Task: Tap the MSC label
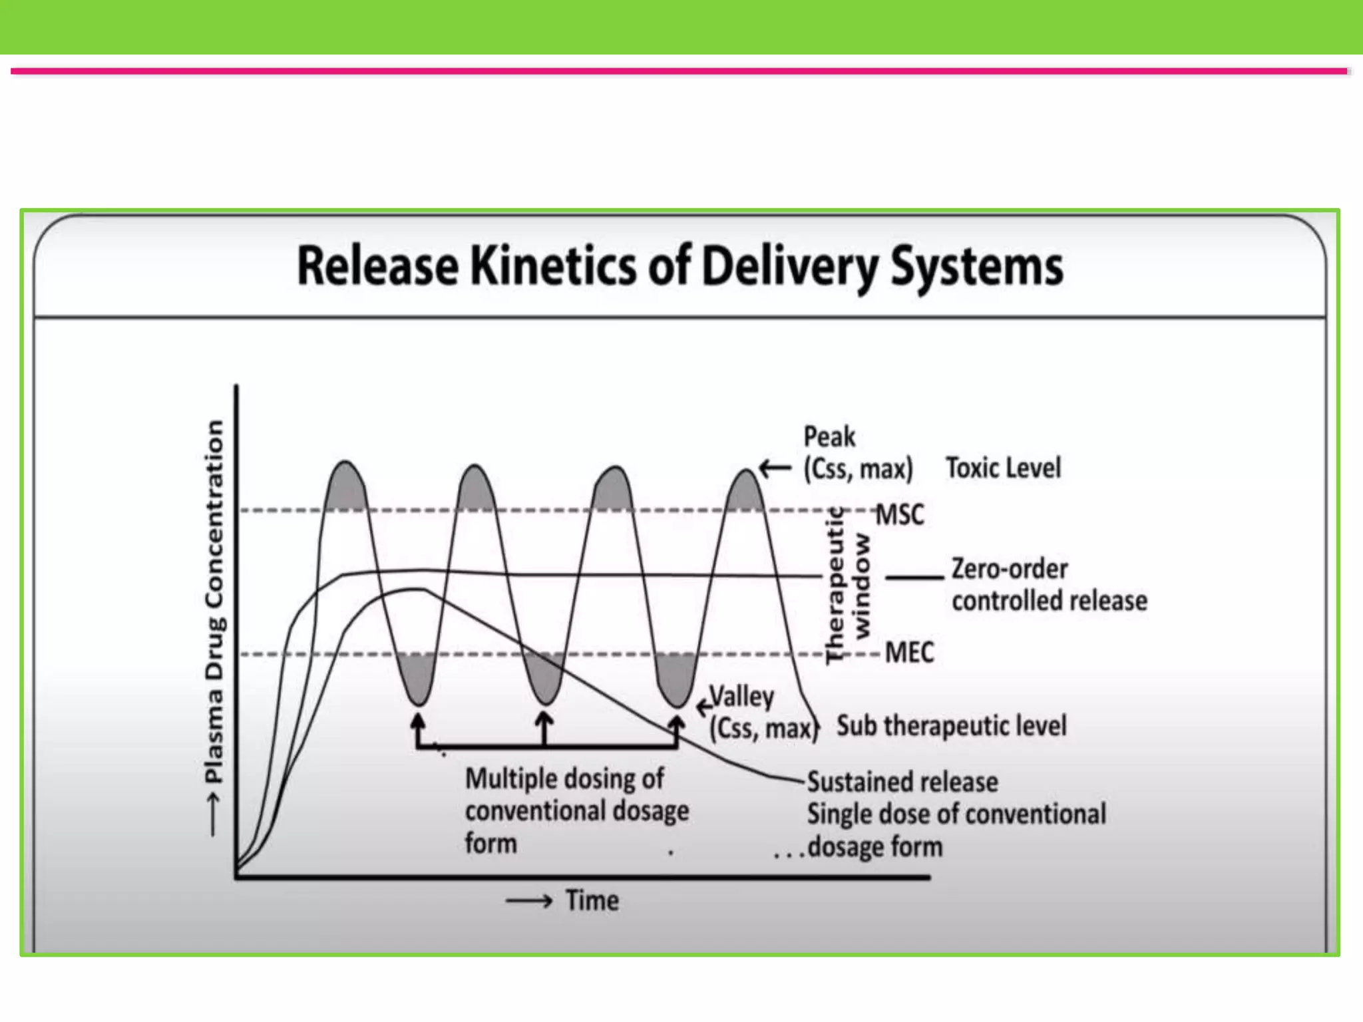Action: pyautogui.click(x=900, y=514)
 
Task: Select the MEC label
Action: pyautogui.click(x=909, y=652)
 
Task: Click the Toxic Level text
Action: pyautogui.click(x=1003, y=468)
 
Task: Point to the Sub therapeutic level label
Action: pyautogui.click(x=951, y=726)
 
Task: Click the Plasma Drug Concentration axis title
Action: pyautogui.click(x=214, y=602)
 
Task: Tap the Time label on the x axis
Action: pyautogui.click(x=592, y=900)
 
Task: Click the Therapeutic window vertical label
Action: pyautogui.click(x=847, y=586)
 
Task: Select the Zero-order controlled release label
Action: pyautogui.click(x=1049, y=585)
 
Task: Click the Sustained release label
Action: pyautogui.click(x=902, y=782)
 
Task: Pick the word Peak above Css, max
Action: pyautogui.click(x=829, y=436)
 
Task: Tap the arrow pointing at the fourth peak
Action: pyautogui.click(x=775, y=469)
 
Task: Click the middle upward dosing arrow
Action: pyautogui.click(x=544, y=729)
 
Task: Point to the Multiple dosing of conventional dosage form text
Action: pyautogui.click(x=576, y=810)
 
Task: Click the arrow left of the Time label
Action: pyautogui.click(x=529, y=902)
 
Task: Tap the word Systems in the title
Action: pyautogui.click(x=976, y=266)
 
